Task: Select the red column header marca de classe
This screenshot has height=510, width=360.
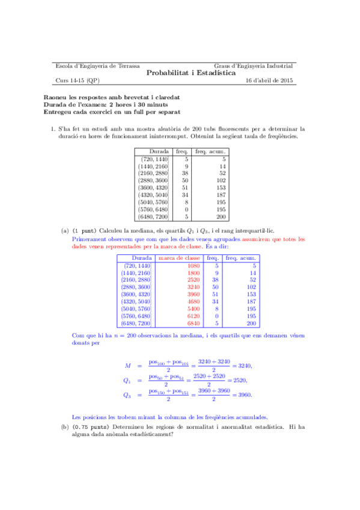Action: click(x=179, y=258)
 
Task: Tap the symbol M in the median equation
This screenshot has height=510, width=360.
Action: click(x=128, y=366)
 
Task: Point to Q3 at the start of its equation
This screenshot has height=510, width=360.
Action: click(x=128, y=395)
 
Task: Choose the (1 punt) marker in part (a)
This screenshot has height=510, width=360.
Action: click(x=84, y=231)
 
